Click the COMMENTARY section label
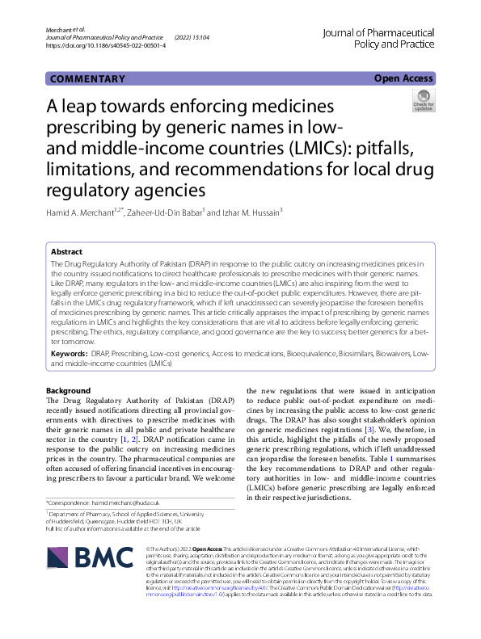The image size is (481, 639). click(87, 79)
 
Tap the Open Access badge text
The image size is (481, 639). click(403, 79)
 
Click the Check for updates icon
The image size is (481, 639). click(423, 101)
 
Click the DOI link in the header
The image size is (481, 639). click(107, 46)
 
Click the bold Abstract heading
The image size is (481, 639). click(66, 252)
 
